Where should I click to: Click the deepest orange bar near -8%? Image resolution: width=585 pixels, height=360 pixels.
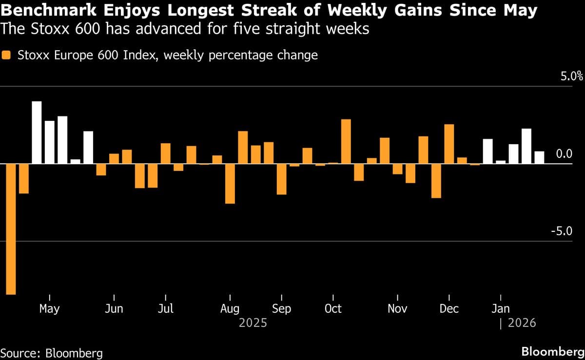11,229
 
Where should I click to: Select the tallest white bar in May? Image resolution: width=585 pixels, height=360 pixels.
37,133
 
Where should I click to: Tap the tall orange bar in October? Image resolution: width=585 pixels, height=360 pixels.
346,141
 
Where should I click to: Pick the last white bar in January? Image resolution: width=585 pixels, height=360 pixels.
539,158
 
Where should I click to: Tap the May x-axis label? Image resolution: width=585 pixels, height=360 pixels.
49,309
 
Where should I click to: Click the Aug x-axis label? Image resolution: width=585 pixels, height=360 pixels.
230,309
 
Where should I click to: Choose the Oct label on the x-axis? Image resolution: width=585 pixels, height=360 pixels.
333,309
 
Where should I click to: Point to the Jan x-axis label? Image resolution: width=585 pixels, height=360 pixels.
500,309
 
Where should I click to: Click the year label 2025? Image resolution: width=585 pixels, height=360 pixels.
253,323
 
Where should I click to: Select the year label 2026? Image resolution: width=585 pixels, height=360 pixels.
522,323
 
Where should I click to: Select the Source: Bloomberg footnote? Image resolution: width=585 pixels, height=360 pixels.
51,353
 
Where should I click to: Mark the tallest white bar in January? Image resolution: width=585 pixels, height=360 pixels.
526,146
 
